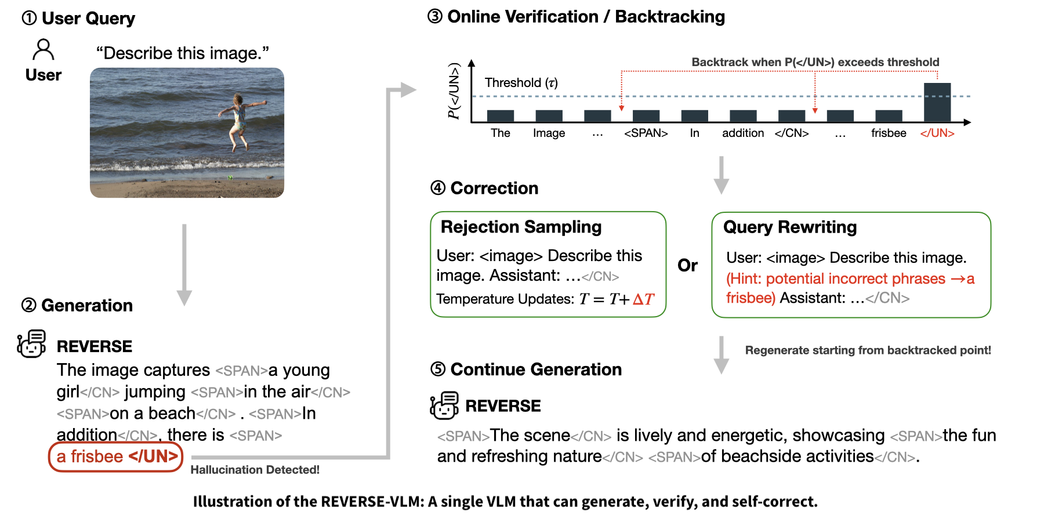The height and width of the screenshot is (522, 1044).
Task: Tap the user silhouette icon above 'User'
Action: (43, 50)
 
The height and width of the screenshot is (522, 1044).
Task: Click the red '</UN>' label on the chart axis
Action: (937, 133)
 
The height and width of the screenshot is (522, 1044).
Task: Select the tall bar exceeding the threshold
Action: (937, 102)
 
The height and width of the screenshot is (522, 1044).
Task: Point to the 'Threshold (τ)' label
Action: (521, 83)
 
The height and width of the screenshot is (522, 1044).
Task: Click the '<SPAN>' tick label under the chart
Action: (646, 133)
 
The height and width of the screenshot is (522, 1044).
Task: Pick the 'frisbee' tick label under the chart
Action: (889, 133)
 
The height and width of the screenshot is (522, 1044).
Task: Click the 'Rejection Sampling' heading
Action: (521, 227)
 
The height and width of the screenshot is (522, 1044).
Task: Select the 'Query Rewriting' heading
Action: (790, 227)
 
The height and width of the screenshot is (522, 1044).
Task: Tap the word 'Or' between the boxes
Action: (688, 266)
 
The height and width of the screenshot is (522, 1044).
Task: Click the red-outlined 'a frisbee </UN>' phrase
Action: (116, 457)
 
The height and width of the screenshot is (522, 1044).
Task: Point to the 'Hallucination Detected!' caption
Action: (255, 470)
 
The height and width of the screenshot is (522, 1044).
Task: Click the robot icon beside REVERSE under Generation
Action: (32, 345)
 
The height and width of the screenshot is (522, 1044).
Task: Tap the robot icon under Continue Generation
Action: (444, 405)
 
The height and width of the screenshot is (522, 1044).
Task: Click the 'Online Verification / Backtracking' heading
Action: (586, 17)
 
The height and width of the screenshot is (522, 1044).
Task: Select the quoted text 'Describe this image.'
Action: (183, 53)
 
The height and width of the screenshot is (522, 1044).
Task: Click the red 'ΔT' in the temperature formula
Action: (643, 299)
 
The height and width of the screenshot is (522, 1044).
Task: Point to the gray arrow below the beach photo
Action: (184, 264)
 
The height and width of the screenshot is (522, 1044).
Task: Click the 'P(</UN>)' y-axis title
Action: (454, 91)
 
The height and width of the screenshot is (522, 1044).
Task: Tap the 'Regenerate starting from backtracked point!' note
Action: (868, 350)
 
